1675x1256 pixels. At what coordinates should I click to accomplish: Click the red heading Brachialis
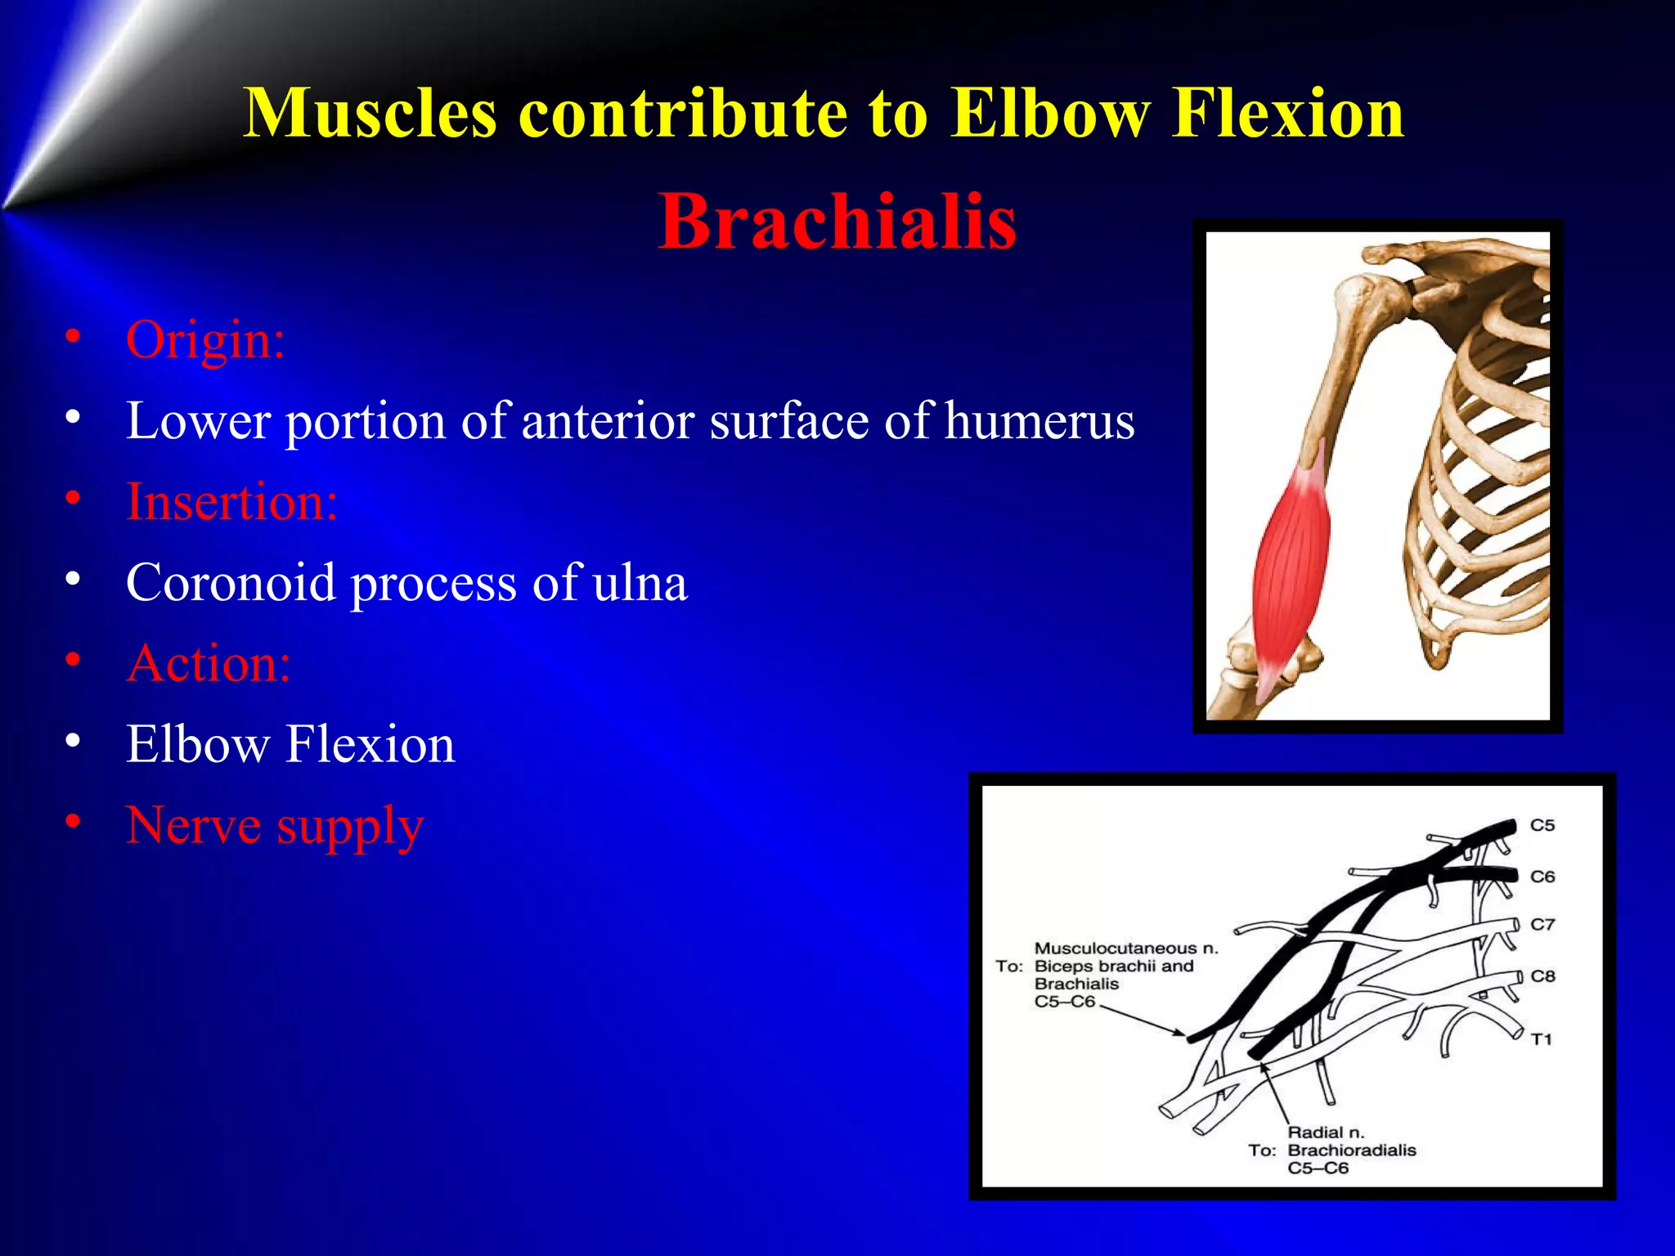tap(837, 222)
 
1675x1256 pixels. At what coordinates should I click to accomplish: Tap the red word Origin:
tap(204, 339)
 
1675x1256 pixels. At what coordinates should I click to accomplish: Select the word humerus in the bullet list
tap(1039, 421)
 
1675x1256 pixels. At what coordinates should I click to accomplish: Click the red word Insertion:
tap(231, 501)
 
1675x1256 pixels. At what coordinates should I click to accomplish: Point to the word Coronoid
tap(231, 583)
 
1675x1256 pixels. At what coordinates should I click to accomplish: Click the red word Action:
tap(209, 663)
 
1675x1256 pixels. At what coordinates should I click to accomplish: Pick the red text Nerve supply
tap(274, 825)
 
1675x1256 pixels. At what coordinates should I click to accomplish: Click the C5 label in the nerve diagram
tap(1543, 826)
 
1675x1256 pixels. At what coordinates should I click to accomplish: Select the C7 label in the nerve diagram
tap(1543, 925)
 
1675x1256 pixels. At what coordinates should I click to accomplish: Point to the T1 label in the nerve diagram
tap(1542, 1039)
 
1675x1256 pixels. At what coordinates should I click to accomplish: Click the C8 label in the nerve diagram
tap(1543, 976)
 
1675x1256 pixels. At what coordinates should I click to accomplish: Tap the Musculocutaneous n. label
tap(1126, 949)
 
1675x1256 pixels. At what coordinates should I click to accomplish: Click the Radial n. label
tap(1326, 1133)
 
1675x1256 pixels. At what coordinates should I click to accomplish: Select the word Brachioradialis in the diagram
tap(1351, 1151)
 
